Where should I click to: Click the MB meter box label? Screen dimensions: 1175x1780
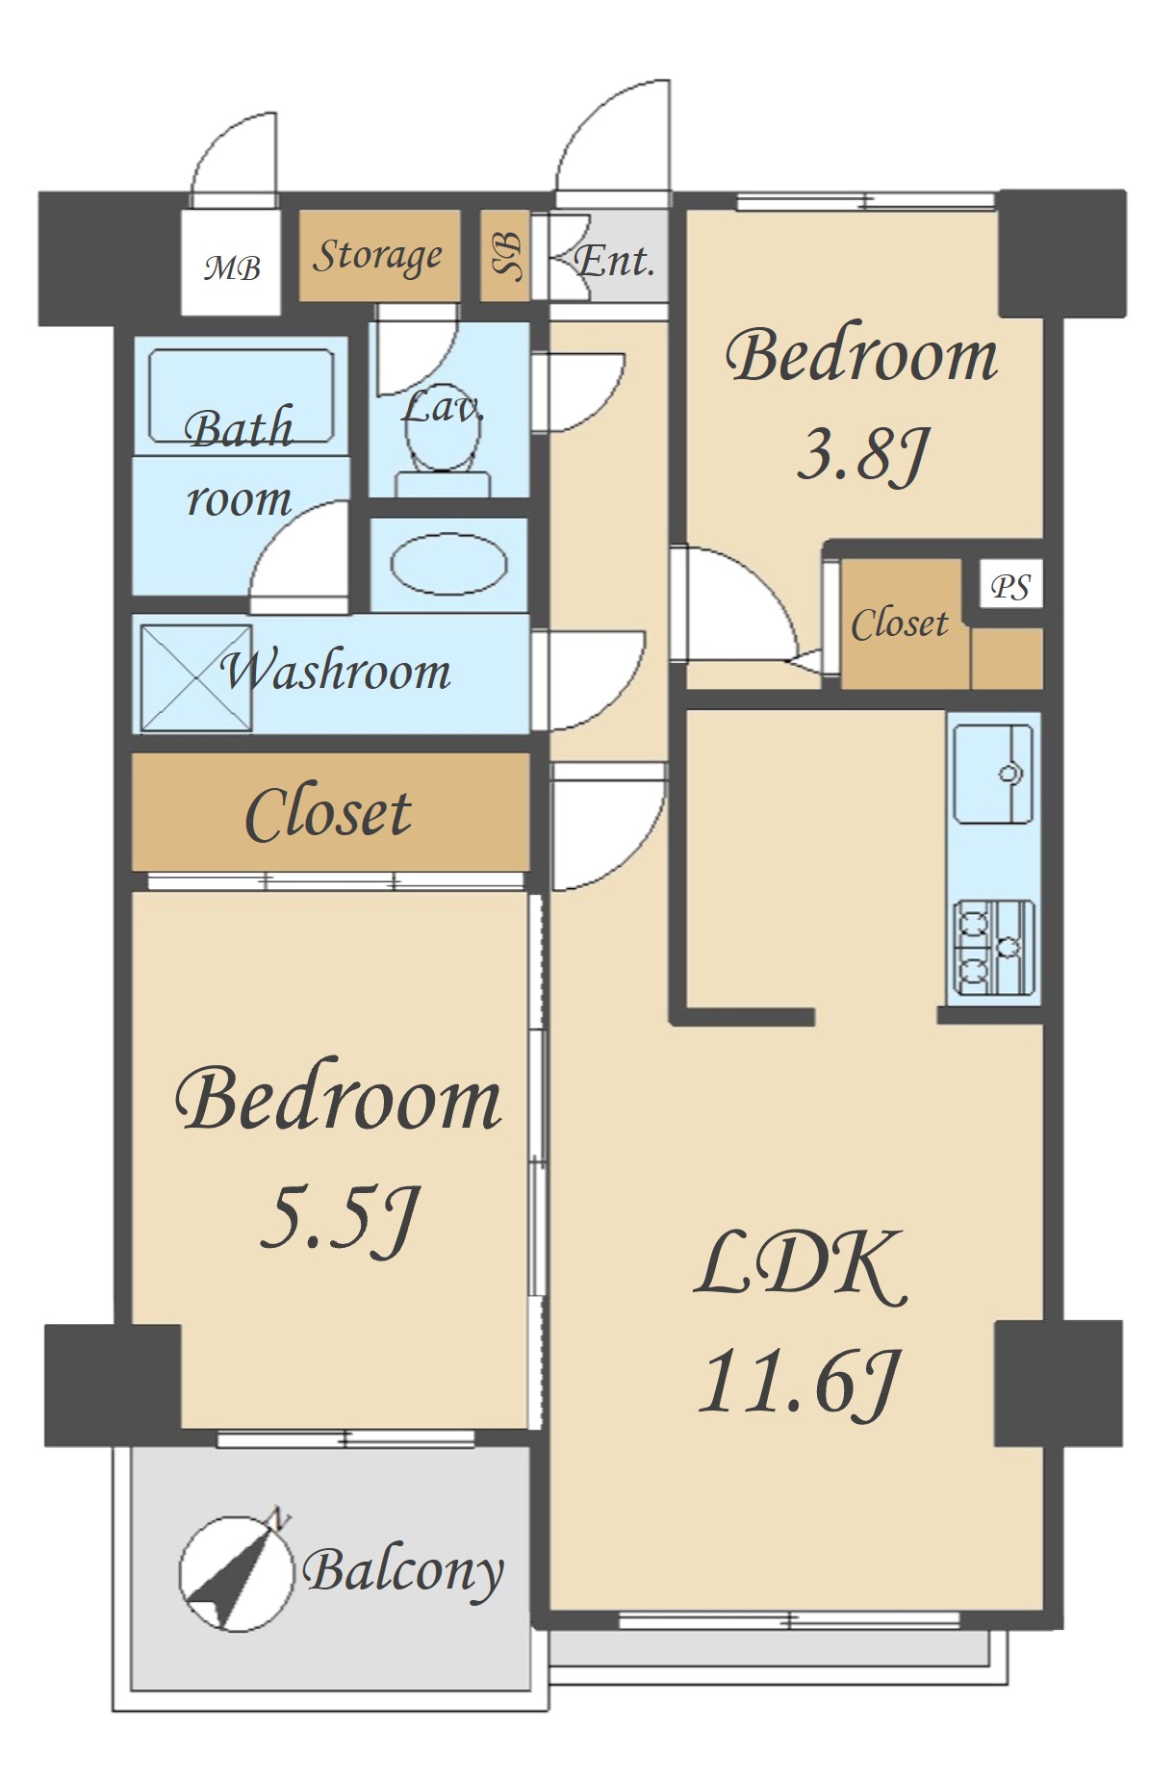[232, 267]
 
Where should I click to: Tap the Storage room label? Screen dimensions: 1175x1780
[378, 256]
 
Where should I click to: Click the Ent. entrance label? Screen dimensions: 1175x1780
[614, 260]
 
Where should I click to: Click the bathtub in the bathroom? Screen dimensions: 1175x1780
[242, 395]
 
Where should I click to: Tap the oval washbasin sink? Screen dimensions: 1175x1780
[449, 565]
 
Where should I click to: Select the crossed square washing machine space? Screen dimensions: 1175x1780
[196, 677]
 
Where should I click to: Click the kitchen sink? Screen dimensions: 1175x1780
[993, 774]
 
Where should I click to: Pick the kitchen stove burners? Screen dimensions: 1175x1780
[993, 947]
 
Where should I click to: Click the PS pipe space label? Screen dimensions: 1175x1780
[1010, 586]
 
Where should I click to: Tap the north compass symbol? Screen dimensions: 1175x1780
[236, 1572]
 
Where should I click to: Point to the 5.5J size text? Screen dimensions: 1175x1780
[341, 1218]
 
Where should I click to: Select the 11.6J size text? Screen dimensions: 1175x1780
[799, 1384]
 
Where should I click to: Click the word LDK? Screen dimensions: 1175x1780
[801, 1265]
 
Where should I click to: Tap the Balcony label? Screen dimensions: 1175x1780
[403, 1571]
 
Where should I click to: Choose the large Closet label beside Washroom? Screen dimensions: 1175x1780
[328, 814]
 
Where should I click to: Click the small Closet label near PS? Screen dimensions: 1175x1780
[900, 623]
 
